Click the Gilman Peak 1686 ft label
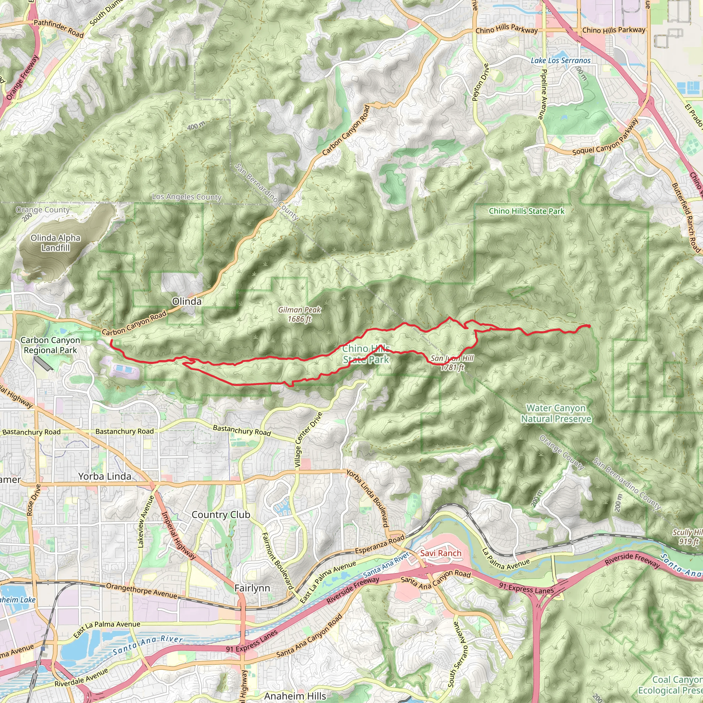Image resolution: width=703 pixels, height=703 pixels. (x=299, y=314)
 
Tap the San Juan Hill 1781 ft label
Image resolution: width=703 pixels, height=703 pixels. (x=452, y=363)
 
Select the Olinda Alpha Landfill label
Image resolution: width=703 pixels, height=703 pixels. (x=55, y=243)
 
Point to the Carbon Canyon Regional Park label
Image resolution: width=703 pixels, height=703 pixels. (x=50, y=345)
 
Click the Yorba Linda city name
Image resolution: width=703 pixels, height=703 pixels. (x=105, y=476)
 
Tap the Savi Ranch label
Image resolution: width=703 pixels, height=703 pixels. (x=441, y=553)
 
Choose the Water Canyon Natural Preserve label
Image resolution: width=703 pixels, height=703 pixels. (x=556, y=413)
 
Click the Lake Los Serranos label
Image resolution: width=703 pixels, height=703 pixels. (x=560, y=60)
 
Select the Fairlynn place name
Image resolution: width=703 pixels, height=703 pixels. (x=252, y=588)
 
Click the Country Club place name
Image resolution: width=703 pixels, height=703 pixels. (x=221, y=515)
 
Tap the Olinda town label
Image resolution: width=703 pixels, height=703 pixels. (x=187, y=301)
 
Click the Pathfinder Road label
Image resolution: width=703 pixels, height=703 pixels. (x=59, y=29)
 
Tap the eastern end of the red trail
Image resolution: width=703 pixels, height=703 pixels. (x=589, y=326)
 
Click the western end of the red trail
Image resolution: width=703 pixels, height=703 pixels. (x=111, y=341)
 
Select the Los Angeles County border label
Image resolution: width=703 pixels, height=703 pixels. (x=187, y=197)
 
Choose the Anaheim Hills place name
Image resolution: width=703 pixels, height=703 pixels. (x=295, y=696)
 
